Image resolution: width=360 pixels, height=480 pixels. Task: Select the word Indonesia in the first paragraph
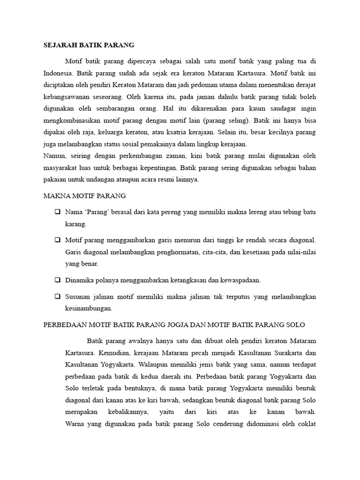[x=58, y=73]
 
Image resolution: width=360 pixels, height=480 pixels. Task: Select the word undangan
[x=118, y=180]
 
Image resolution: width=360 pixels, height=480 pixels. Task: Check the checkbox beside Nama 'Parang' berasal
[x=57, y=212]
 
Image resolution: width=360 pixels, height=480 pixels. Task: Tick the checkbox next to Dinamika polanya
[x=57, y=280]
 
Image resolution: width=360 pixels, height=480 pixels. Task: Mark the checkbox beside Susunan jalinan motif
[x=57, y=297]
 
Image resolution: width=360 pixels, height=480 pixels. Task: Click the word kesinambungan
[x=89, y=308]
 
